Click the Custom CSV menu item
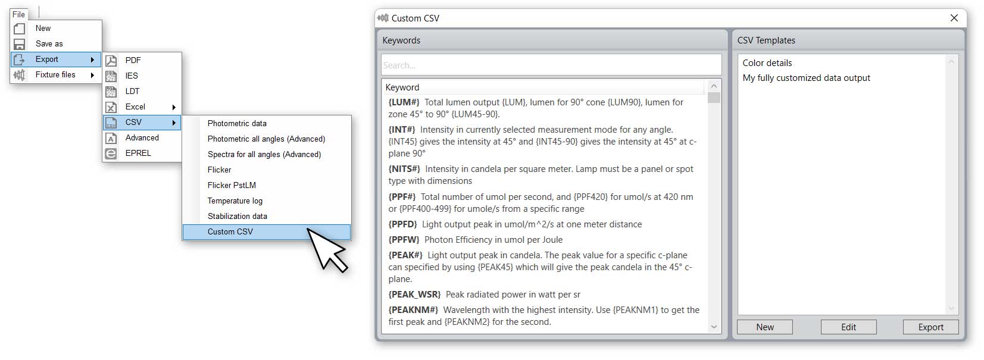[230, 232]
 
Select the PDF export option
[133, 60]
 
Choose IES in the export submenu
[132, 76]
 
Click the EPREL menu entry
[138, 153]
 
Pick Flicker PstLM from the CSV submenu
[232, 185]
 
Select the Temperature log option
[235, 201]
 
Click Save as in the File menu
[49, 43]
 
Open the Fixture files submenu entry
[55, 74]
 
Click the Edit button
[848, 327]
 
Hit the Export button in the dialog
[930, 327]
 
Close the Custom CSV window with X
[954, 18]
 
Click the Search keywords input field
[551, 65]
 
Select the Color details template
[767, 63]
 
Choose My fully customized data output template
[806, 78]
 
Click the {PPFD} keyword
[403, 224]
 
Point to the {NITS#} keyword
[404, 169]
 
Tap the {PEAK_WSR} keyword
[414, 295]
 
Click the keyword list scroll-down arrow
[714, 327]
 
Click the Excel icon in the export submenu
[111, 107]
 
